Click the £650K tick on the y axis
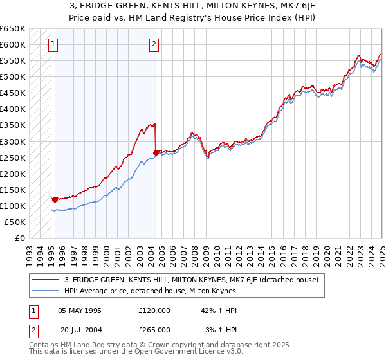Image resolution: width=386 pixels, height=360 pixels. click(x=12, y=29)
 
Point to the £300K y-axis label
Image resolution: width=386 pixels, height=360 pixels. click(x=12, y=141)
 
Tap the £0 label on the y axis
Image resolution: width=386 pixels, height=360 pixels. click(x=19, y=238)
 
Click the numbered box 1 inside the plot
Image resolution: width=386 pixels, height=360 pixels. click(x=52, y=44)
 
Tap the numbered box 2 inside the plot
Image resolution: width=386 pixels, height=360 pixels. click(x=154, y=44)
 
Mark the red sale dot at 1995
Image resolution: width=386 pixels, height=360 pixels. click(x=55, y=199)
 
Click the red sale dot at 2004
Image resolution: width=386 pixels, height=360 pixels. click(x=156, y=152)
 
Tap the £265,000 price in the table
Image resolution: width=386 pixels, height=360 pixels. click(x=154, y=329)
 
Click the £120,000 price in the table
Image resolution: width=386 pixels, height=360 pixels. click(x=154, y=310)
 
